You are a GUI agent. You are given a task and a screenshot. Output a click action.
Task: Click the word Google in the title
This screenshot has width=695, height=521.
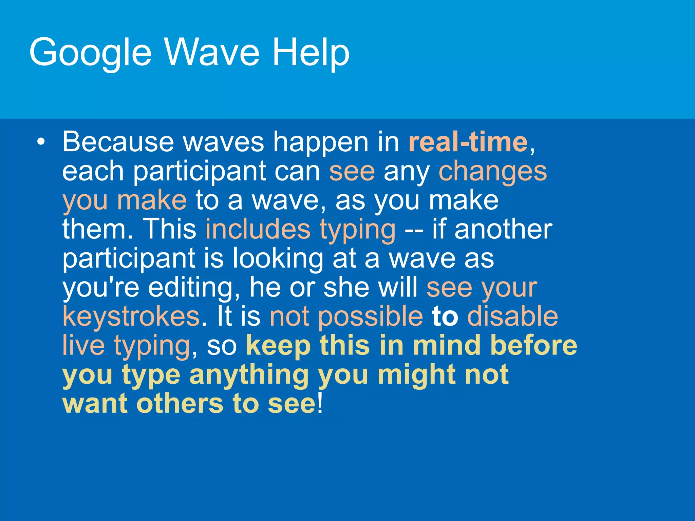click(x=90, y=53)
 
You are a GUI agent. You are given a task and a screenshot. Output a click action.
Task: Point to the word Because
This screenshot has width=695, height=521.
click(x=118, y=142)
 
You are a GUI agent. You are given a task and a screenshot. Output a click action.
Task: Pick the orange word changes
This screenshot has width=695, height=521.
click(x=493, y=172)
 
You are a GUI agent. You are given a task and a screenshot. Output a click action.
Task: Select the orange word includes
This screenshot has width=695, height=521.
click(x=258, y=229)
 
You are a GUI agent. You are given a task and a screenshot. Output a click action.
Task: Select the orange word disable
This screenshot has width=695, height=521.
click(x=512, y=316)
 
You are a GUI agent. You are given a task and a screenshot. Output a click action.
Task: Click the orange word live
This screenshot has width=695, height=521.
click(x=83, y=345)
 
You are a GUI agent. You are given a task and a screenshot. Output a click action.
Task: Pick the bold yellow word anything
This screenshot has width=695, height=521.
click(x=249, y=375)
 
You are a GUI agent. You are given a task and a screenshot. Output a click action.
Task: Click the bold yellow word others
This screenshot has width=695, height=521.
click(x=180, y=404)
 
